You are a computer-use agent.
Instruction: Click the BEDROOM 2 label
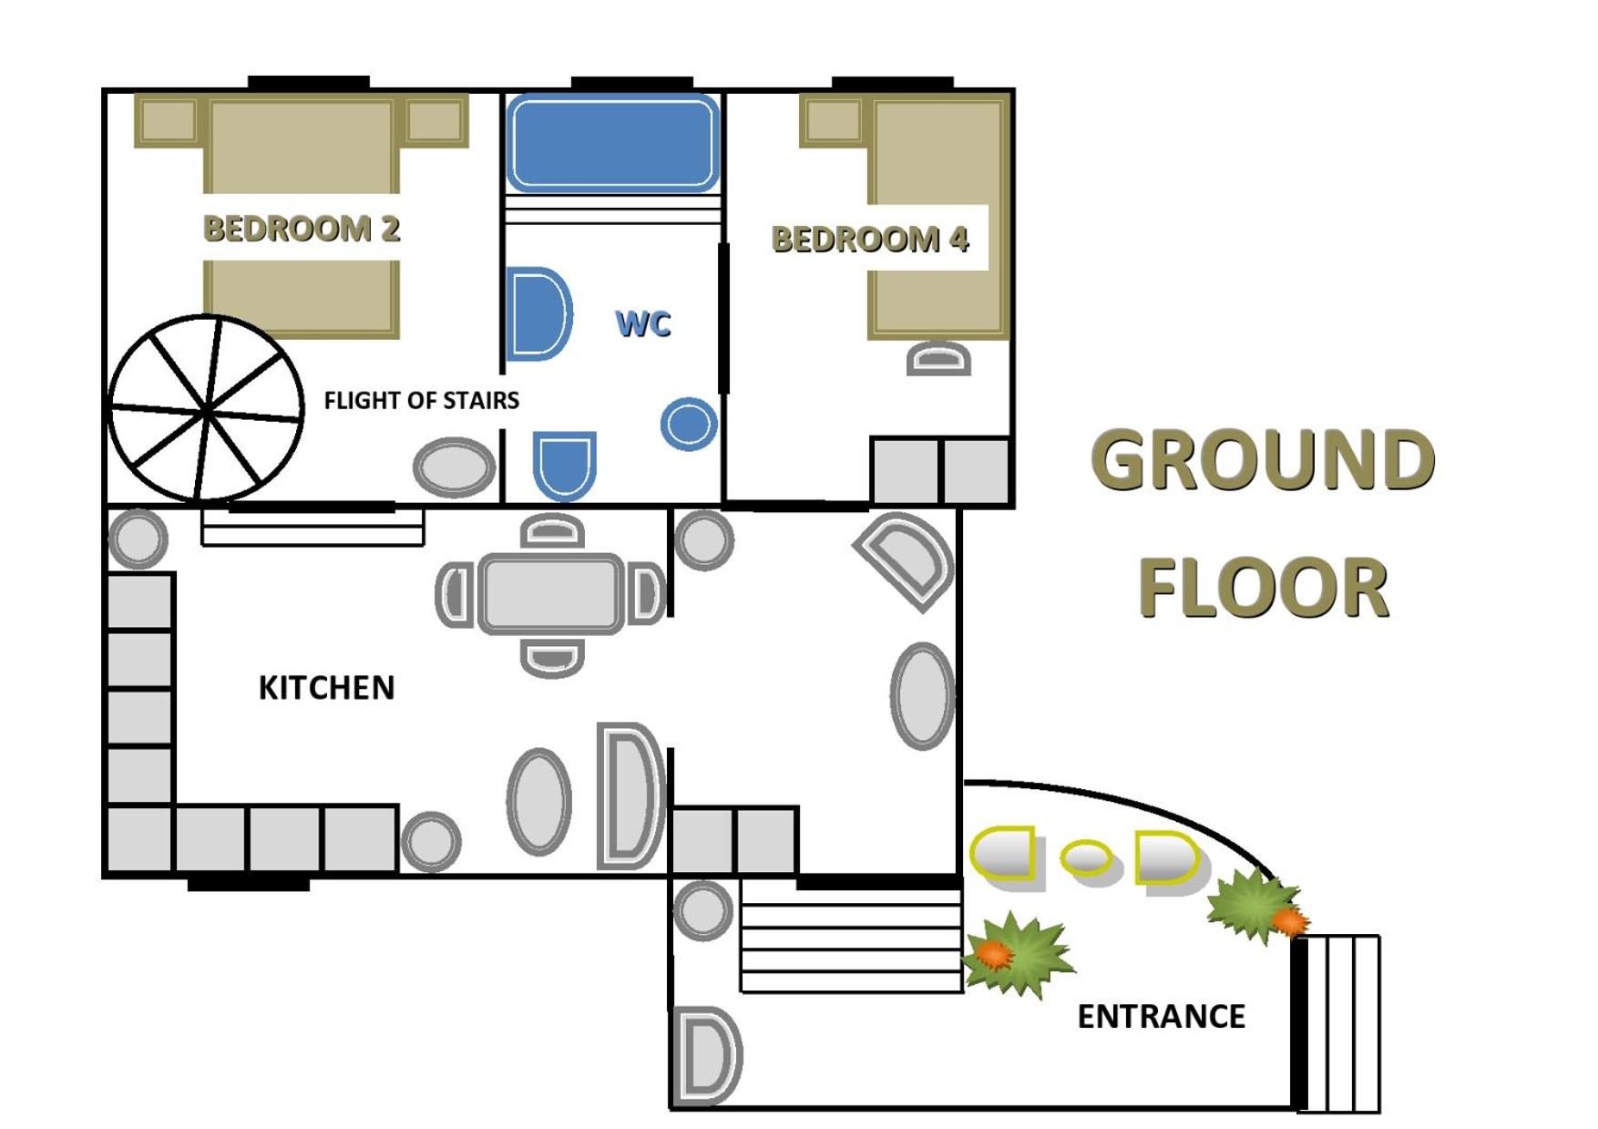(x=302, y=229)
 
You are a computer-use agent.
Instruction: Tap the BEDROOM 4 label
(x=870, y=239)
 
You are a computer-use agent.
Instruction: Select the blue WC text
(x=643, y=323)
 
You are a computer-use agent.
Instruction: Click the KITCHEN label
(x=326, y=688)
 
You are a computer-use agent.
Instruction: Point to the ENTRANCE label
(x=1162, y=1016)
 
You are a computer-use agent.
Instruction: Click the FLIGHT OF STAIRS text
(x=422, y=400)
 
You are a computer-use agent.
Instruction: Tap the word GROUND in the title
(x=1263, y=459)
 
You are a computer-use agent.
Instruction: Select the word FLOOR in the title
(x=1264, y=588)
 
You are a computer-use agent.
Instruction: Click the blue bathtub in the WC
(x=613, y=143)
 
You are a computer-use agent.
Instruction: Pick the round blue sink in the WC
(x=689, y=424)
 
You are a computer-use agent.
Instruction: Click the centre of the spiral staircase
(x=207, y=410)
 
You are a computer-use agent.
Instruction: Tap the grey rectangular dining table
(x=552, y=593)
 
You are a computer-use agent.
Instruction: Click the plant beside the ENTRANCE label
(x=1018, y=954)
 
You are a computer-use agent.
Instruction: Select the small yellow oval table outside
(x=1087, y=857)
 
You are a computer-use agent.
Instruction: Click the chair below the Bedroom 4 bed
(x=938, y=358)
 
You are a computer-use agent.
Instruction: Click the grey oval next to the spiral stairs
(x=454, y=467)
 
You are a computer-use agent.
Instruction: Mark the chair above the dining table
(x=552, y=531)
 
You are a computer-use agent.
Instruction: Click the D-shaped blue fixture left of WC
(x=538, y=314)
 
